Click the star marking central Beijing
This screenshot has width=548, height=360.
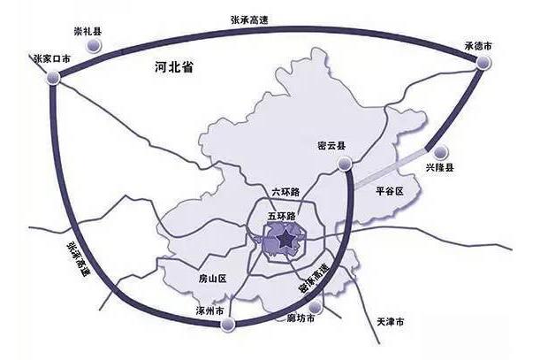(285, 241)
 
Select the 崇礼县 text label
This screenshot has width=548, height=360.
(87, 31)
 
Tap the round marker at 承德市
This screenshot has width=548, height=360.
(483, 62)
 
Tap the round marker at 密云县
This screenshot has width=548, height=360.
(346, 162)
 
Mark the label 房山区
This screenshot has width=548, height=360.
(212, 279)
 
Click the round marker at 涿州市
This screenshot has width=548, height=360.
(229, 326)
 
